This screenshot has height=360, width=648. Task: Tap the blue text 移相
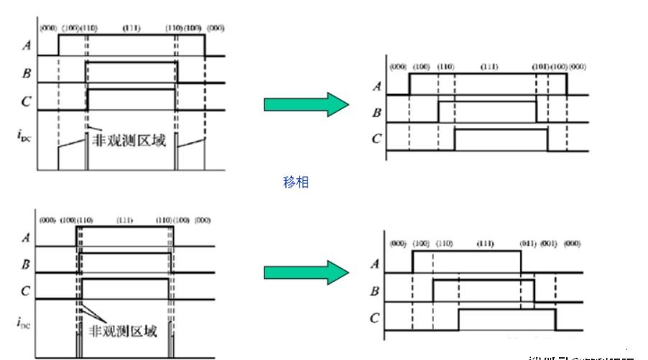[296, 183]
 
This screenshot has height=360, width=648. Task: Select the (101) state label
[540, 67]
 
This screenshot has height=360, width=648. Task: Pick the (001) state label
[550, 244]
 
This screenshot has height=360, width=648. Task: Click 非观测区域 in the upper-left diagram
[130, 140]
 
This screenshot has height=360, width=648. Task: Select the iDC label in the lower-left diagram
[23, 323]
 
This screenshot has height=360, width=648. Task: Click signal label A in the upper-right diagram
[377, 88]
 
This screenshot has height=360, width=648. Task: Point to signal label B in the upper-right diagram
[376, 112]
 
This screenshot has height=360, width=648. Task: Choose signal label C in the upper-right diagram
[376, 138]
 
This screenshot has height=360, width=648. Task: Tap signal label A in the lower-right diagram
[374, 264]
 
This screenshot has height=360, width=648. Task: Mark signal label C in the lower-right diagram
[374, 318]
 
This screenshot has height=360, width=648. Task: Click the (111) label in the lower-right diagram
[486, 244]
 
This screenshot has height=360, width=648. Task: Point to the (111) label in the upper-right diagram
[489, 67]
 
